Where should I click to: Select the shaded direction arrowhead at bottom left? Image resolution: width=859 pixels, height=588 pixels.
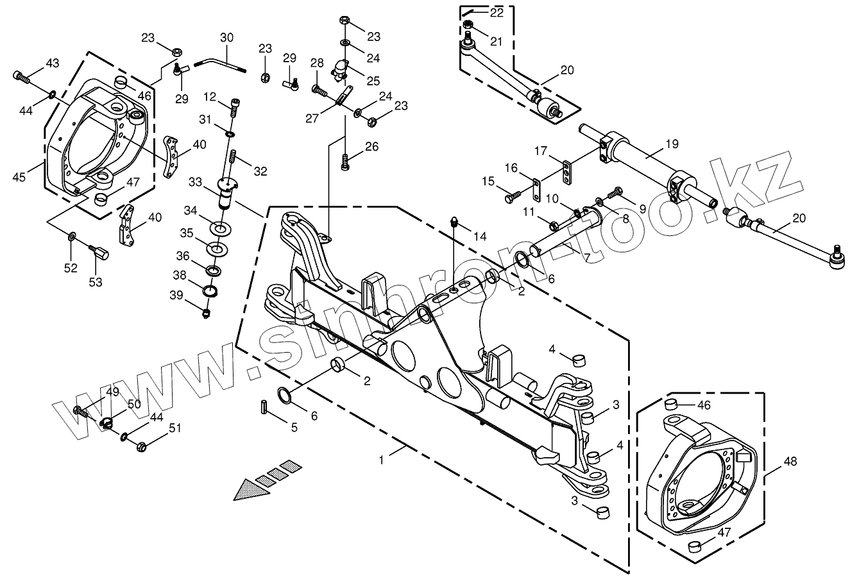pyautogui.click(x=250, y=489)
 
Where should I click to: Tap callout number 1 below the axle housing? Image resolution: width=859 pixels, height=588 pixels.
pyautogui.click(x=382, y=460)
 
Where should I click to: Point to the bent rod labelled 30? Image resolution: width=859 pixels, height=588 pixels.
pyautogui.click(x=221, y=62)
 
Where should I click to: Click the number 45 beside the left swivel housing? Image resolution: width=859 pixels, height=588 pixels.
pyautogui.click(x=19, y=177)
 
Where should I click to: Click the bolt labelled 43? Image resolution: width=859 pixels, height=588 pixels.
pyautogui.click(x=21, y=78)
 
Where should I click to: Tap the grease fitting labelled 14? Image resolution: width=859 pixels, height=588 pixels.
pyautogui.click(x=455, y=223)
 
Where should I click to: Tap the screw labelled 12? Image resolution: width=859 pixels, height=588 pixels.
pyautogui.click(x=236, y=103)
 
